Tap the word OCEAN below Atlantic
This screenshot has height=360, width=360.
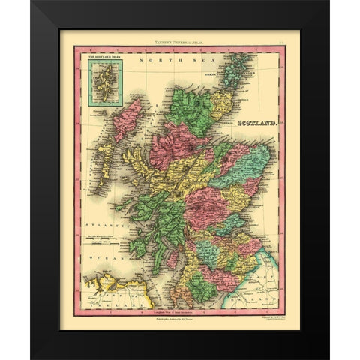pyautogui.click(x=99, y=254)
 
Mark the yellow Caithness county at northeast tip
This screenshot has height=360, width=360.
pyautogui.click(x=219, y=105)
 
